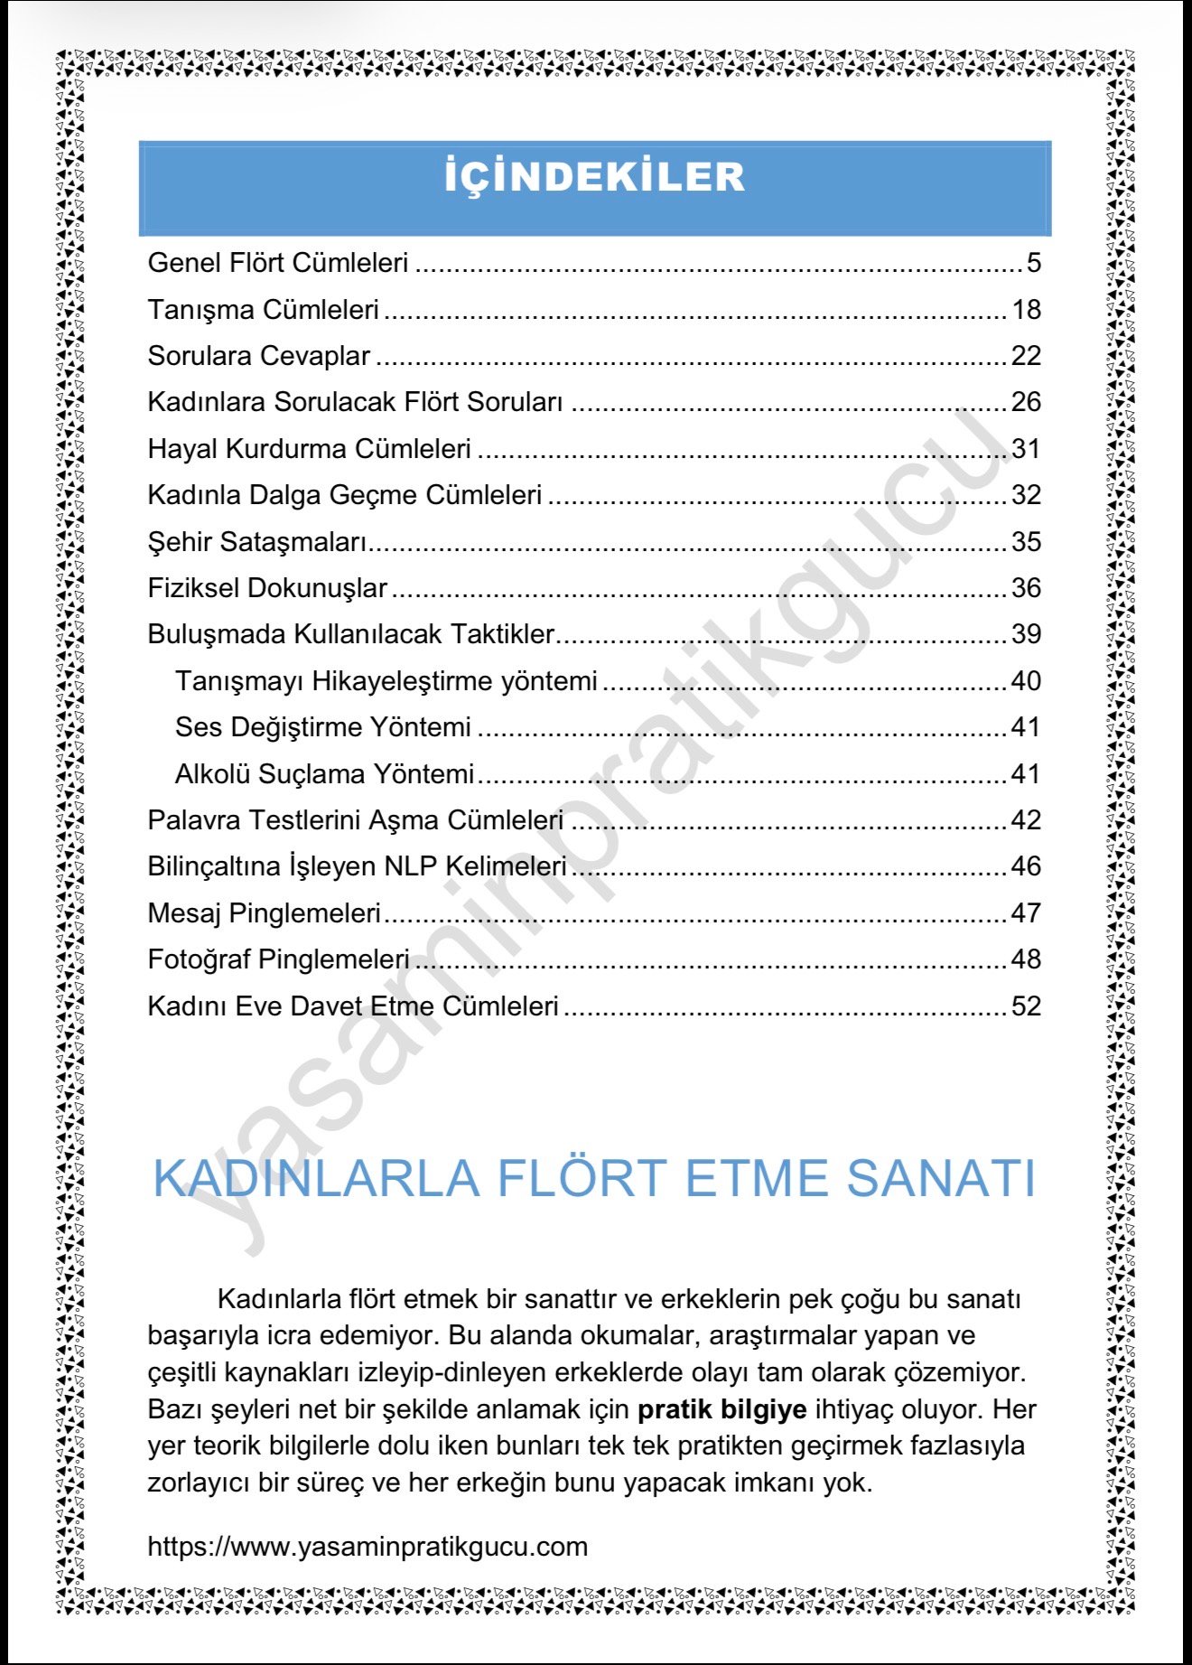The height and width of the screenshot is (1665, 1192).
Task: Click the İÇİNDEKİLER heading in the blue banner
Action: (x=594, y=177)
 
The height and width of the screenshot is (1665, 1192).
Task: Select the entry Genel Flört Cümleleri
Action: (x=278, y=263)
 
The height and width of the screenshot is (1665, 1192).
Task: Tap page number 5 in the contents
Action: (x=1033, y=263)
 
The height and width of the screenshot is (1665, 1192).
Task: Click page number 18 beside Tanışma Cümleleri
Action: (x=1026, y=310)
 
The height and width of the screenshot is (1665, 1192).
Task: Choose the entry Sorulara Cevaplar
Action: (x=258, y=356)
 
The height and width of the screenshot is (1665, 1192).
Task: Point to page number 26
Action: (x=1026, y=402)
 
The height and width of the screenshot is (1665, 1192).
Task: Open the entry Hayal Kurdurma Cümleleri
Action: (x=309, y=449)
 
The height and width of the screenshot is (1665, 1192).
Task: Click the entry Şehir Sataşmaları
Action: (x=257, y=542)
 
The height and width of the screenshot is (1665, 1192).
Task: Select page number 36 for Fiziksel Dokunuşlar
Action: (x=1026, y=588)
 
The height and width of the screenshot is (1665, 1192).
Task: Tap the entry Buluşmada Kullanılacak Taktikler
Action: (x=350, y=634)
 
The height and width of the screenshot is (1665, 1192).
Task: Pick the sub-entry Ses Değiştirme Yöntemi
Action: (x=322, y=727)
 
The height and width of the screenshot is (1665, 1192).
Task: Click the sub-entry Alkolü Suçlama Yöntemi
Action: (x=324, y=774)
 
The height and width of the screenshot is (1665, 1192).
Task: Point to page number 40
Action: (x=1026, y=681)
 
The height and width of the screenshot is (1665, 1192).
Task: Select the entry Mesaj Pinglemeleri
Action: (x=264, y=913)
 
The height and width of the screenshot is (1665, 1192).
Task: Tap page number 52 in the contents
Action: (x=1026, y=1006)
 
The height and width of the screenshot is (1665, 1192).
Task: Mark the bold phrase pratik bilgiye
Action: (x=722, y=1409)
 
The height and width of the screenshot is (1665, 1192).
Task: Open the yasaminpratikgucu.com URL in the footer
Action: (x=368, y=1546)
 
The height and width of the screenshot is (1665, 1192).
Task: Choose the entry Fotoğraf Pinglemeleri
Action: (x=278, y=959)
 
